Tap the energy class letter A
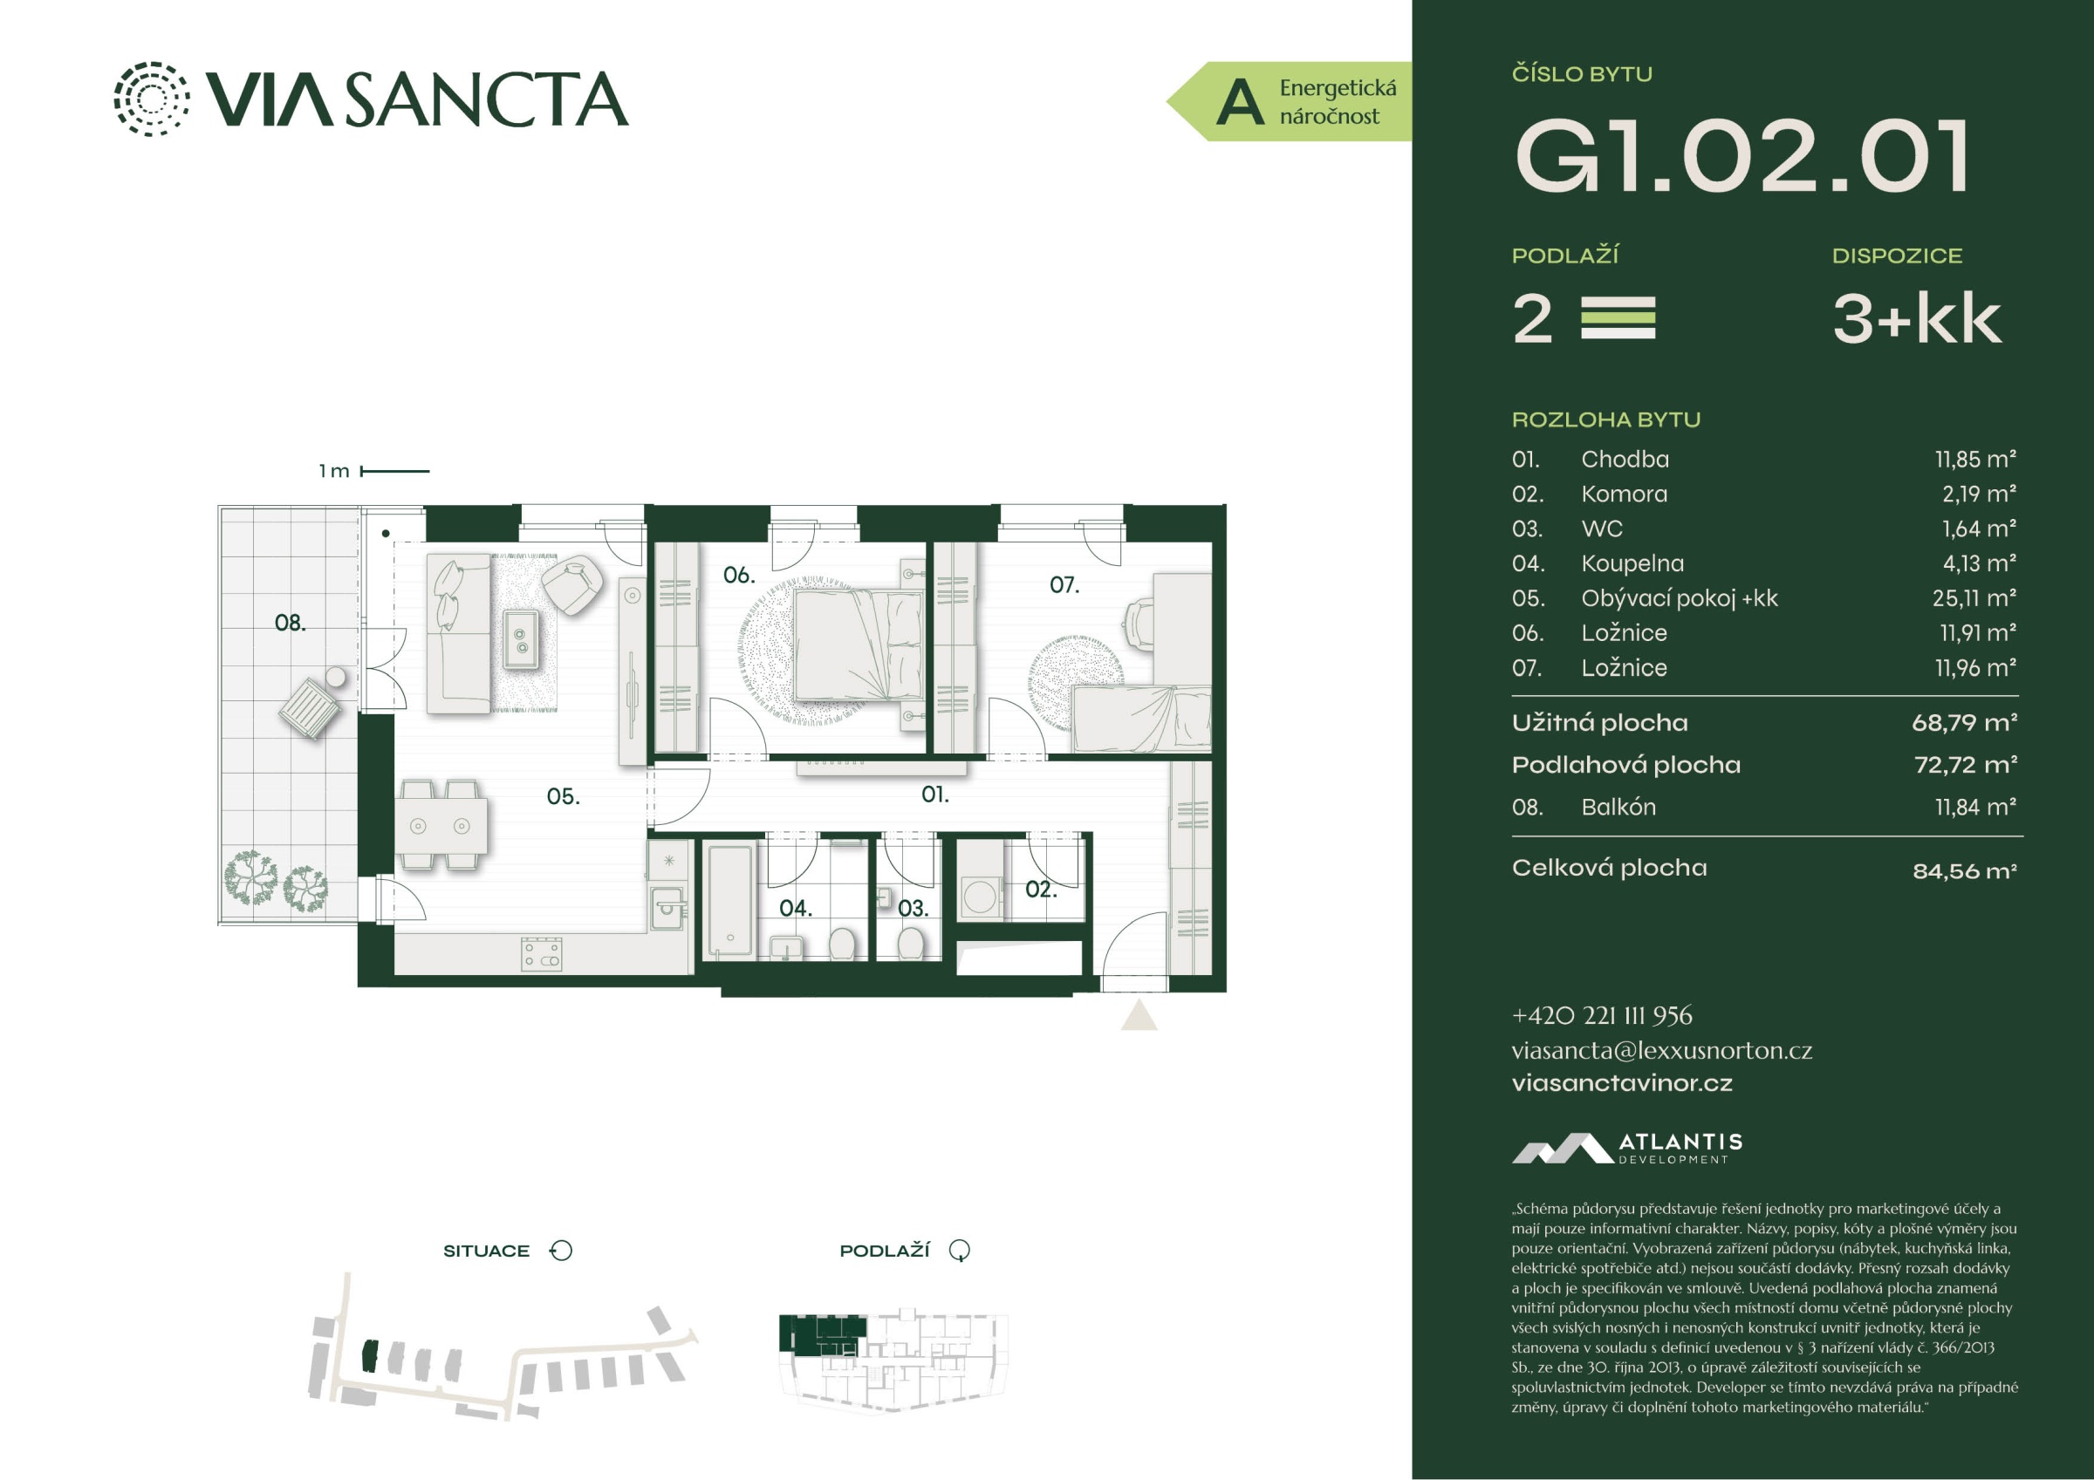pyautogui.click(x=1240, y=102)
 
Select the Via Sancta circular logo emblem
pyautogui.click(x=152, y=99)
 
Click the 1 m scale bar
pyautogui.click(x=395, y=472)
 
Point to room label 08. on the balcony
pyautogui.click(x=290, y=623)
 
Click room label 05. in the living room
pyautogui.click(x=563, y=797)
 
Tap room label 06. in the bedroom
pyautogui.click(x=739, y=576)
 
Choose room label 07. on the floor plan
pyautogui.click(x=1064, y=584)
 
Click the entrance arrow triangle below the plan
pyautogui.click(x=1139, y=1015)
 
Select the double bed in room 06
pyautogui.click(x=859, y=645)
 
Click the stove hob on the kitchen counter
pyautogui.click(x=542, y=954)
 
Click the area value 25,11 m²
pyautogui.click(x=1979, y=598)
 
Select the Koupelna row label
pyautogui.click(x=1632, y=563)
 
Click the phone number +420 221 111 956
pyautogui.click(x=1602, y=1016)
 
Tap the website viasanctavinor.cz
pyautogui.click(x=1622, y=1083)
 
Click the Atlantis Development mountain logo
pyautogui.click(x=1562, y=1148)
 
